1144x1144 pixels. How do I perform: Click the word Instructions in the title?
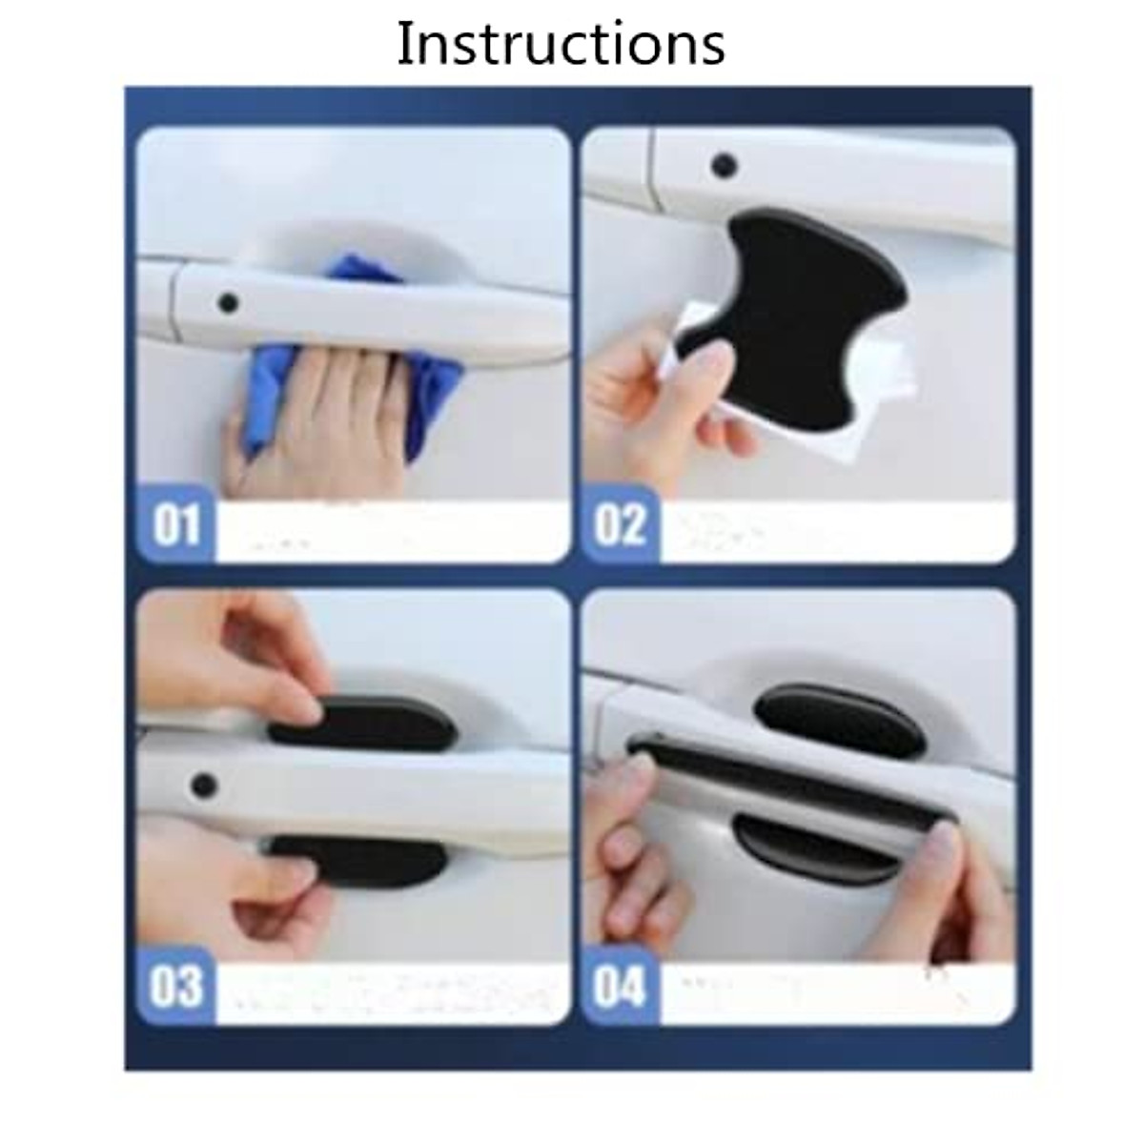point(561,43)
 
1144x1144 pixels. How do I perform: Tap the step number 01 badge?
point(176,525)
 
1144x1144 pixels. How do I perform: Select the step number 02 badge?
point(621,525)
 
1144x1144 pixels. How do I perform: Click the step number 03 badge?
point(176,986)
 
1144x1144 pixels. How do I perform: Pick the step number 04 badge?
point(621,986)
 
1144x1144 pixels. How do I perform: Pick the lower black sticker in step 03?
point(362,856)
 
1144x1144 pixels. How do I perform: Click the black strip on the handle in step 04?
point(791,772)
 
